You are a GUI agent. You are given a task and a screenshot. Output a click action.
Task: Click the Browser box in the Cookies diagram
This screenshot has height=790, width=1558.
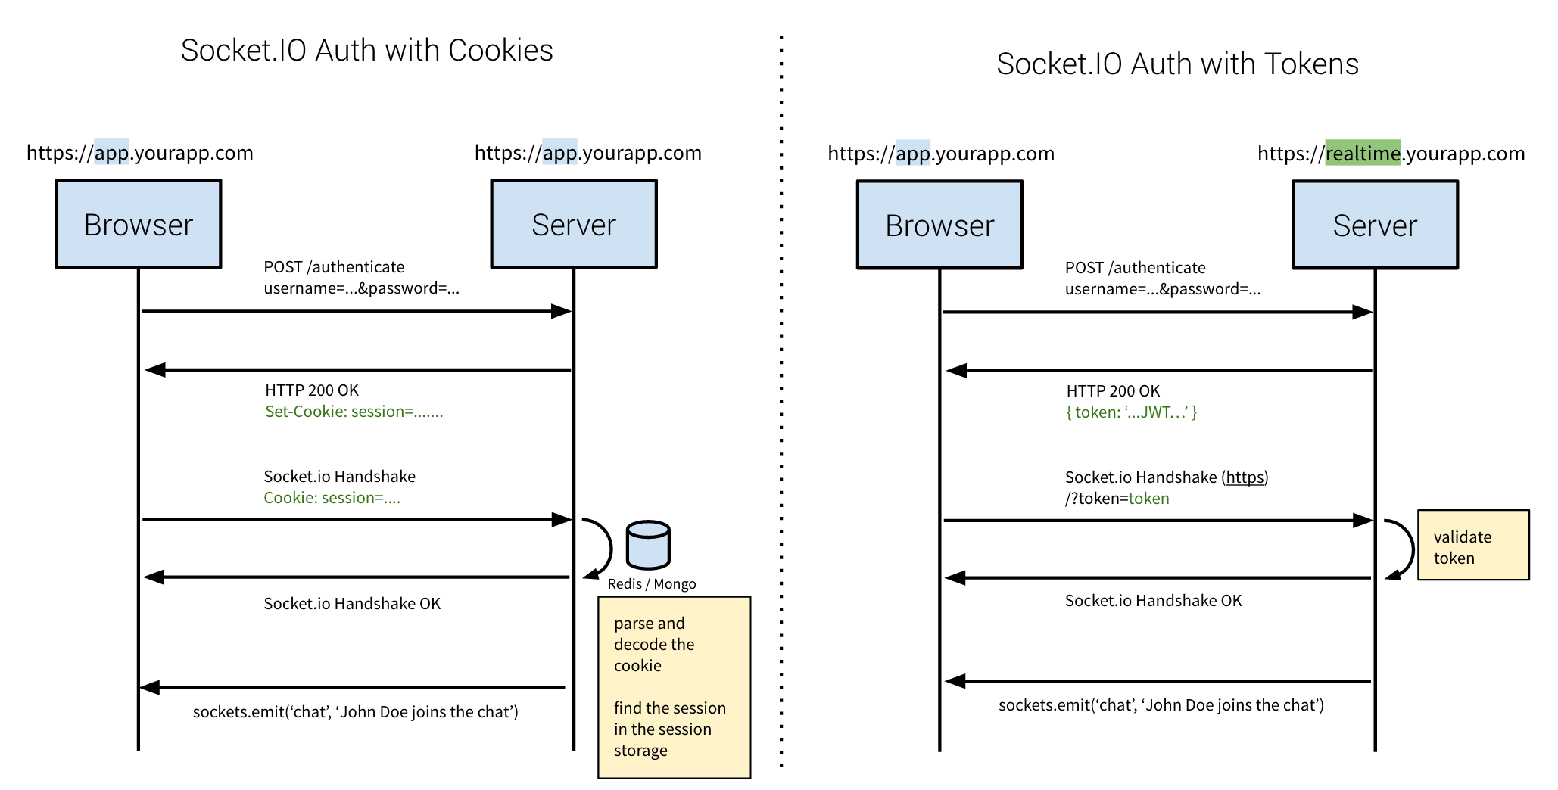pos(139,224)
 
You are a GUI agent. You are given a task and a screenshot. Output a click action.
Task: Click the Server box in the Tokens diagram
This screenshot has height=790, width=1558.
pos(1375,225)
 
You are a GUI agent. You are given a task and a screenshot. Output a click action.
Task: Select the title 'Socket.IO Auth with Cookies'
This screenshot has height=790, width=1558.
pos(366,51)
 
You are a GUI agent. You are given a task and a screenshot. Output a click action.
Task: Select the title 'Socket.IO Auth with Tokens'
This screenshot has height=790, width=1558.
pos(1177,64)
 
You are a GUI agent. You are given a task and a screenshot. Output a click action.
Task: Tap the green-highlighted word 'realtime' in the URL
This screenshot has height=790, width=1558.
pos(1363,154)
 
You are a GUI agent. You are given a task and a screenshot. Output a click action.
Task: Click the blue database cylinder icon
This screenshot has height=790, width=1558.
pos(648,545)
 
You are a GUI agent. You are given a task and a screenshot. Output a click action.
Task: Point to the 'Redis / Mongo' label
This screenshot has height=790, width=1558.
pos(651,584)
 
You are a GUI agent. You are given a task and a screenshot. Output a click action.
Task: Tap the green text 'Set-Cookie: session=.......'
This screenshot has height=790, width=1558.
pos(354,412)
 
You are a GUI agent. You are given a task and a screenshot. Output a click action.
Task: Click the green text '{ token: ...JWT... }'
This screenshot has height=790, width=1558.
pos(1131,412)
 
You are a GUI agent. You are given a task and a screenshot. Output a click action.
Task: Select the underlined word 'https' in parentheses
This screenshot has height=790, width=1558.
pos(1245,477)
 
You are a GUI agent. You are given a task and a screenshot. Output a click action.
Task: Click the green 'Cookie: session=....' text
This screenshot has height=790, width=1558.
pos(332,498)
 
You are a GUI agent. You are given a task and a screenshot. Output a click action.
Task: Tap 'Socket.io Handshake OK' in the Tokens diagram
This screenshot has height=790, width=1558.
pos(1153,601)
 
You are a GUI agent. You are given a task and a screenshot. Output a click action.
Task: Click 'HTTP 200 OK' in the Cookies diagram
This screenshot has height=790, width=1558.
pos(311,390)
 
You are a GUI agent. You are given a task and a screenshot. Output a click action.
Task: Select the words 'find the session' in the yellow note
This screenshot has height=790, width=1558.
pos(669,708)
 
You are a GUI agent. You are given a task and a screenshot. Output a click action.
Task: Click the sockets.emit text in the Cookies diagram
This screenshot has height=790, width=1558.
pos(355,712)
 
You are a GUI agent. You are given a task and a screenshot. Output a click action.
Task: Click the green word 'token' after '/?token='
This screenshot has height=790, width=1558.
pos(1148,499)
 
